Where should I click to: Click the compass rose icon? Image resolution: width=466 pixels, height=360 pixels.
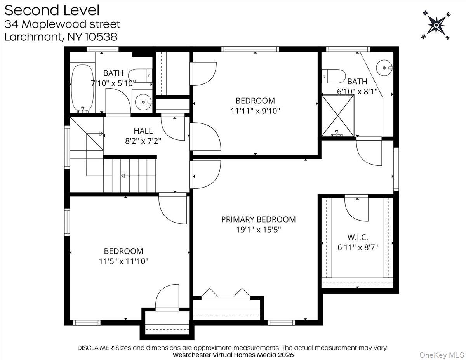[x=436, y=26]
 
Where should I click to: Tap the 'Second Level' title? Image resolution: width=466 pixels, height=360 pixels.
[x=52, y=10]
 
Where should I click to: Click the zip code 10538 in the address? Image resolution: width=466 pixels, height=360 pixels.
[x=101, y=37]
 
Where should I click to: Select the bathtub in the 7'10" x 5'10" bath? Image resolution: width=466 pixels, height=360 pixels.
[x=83, y=88]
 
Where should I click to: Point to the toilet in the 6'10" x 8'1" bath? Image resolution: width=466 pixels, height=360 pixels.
[x=334, y=76]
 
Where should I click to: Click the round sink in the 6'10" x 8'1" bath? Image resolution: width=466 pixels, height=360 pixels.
[x=385, y=68]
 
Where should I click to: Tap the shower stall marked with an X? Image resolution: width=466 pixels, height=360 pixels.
[x=338, y=115]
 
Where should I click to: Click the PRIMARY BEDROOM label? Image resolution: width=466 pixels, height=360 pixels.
[x=258, y=219]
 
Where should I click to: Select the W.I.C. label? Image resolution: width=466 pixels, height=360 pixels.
[x=358, y=237]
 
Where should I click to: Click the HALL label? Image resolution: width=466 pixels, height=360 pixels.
[x=143, y=131]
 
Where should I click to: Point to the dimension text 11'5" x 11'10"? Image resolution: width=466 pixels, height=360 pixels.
[x=123, y=261]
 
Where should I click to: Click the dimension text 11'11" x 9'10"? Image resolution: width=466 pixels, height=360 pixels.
[x=255, y=111]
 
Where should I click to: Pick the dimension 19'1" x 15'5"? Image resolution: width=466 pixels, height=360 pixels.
[x=258, y=230]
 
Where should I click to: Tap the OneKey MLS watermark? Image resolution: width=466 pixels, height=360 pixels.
[x=442, y=355]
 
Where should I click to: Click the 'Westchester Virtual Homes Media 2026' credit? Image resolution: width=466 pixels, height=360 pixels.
[x=233, y=355]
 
